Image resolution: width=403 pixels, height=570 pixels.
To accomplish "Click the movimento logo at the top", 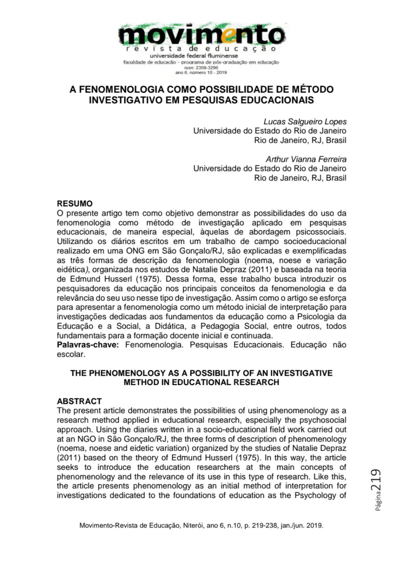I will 201,36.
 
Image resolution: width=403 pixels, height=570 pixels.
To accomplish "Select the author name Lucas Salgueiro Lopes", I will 305,121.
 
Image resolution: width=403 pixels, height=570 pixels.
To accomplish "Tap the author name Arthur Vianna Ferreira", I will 306,159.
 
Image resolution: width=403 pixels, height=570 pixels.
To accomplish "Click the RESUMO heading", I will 75,204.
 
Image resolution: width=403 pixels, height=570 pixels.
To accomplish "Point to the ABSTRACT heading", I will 79,401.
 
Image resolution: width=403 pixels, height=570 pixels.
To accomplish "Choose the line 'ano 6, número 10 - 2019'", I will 201,72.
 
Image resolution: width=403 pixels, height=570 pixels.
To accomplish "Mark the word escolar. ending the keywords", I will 71,354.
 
